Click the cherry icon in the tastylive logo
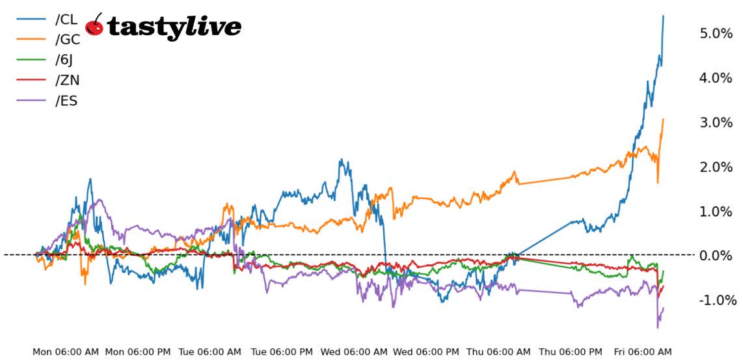(95, 25)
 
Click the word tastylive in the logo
(174, 27)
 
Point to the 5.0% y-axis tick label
(716, 33)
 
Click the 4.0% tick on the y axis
(716, 78)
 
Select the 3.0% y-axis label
(716, 122)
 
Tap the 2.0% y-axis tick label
(716, 167)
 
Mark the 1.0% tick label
(716, 212)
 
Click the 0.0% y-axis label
(716, 256)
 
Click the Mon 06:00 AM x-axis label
(66, 352)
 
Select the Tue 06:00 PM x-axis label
(282, 352)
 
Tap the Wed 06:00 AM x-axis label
(354, 352)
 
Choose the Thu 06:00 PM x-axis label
(570, 352)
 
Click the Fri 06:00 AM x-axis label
(642, 352)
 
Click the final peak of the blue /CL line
(663, 16)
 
